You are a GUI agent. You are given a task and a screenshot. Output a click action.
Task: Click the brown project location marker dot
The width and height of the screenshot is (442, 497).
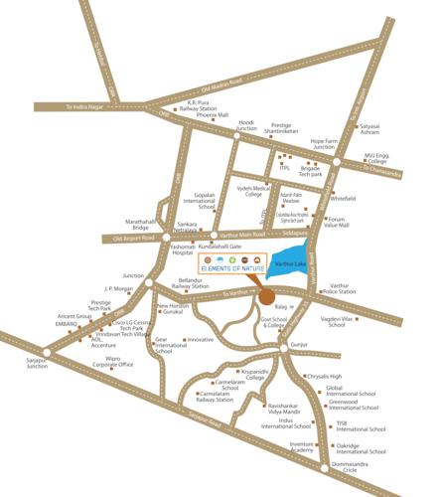point(267,296)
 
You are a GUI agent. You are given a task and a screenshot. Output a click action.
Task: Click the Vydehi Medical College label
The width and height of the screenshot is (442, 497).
point(253,191)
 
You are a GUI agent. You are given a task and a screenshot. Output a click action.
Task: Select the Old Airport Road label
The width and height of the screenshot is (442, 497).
point(134,239)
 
